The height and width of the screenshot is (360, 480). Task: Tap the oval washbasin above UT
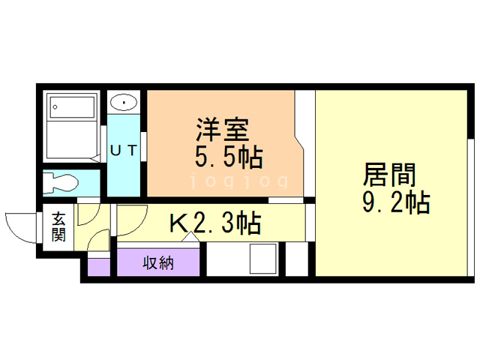122,101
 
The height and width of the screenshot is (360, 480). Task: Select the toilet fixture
61,182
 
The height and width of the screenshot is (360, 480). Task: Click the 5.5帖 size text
221,157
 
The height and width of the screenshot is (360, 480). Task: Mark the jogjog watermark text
238,181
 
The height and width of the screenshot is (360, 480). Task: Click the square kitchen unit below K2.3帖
264,259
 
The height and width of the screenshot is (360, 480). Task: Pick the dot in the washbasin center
122,101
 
